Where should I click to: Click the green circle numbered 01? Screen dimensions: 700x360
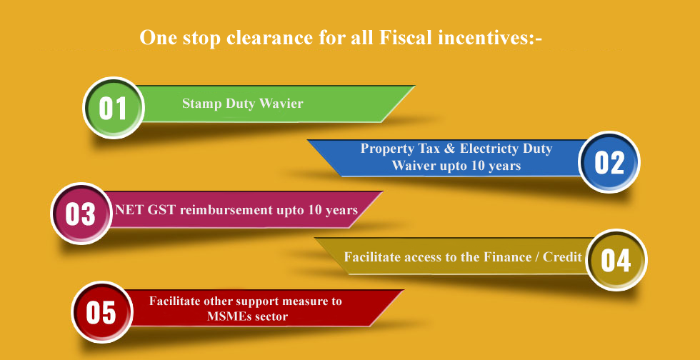(x=114, y=108)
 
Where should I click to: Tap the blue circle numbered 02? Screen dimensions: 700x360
(x=609, y=161)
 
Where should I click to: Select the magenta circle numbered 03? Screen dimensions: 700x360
(x=81, y=214)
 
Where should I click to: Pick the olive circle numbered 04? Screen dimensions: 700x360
(x=616, y=260)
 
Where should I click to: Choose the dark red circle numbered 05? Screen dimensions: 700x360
(x=101, y=311)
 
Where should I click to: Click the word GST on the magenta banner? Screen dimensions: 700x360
(x=163, y=209)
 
